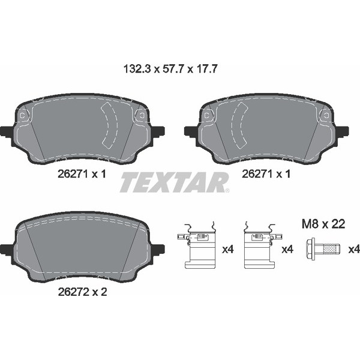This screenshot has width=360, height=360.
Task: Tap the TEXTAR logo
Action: tap(174, 182)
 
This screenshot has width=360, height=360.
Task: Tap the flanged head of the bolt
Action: tap(312, 248)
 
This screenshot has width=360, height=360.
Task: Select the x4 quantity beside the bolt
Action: tap(353, 248)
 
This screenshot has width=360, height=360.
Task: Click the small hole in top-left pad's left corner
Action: tap(22, 116)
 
